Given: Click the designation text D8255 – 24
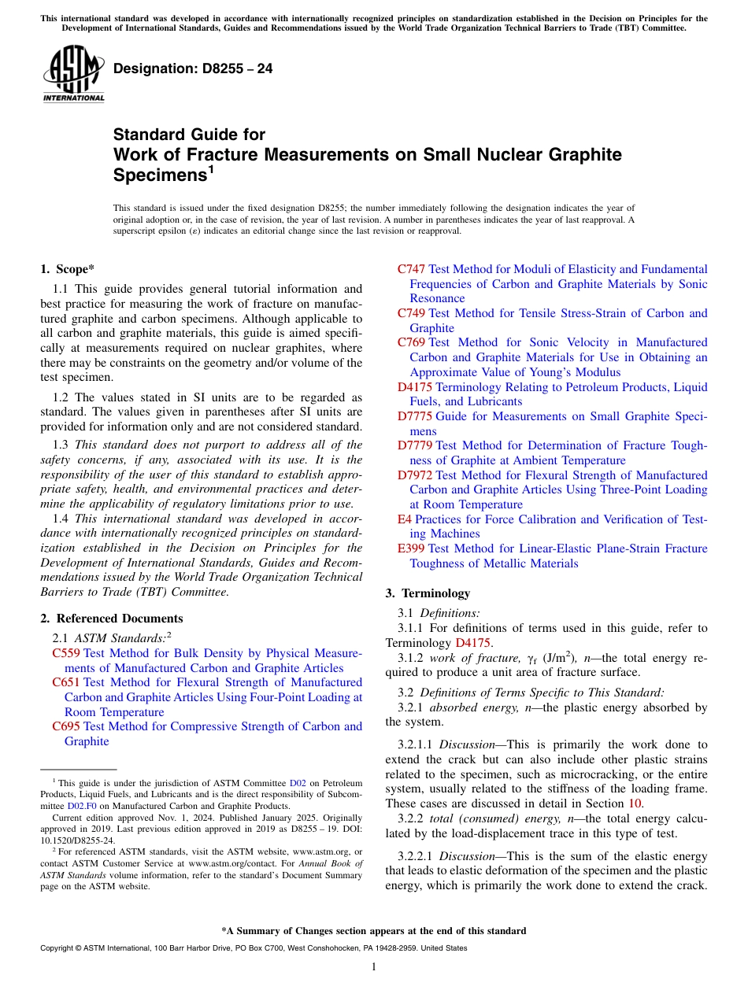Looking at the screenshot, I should tap(193, 69).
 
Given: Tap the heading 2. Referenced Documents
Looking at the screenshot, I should tap(112, 619).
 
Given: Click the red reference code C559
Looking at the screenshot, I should tap(66, 653).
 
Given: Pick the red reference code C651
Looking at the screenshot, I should tap(66, 682).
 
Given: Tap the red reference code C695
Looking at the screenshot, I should tap(66, 726).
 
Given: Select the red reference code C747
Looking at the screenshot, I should tap(412, 269).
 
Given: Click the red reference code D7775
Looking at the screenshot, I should tap(415, 416).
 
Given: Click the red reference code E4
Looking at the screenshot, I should tap(404, 519).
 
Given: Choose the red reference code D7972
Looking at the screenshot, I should tap(415, 475).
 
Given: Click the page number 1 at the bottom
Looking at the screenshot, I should tap(374, 967).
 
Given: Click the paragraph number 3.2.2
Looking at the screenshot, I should tap(413, 818).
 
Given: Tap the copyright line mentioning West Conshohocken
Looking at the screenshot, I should tap(253, 948).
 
